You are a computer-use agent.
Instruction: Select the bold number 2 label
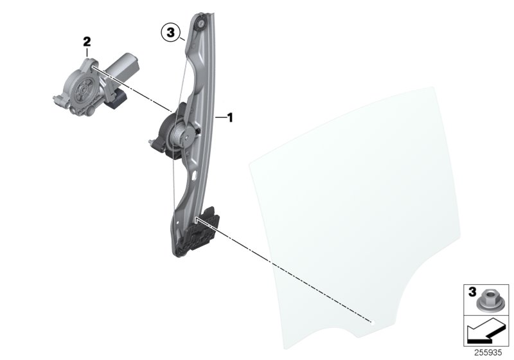click(87, 41)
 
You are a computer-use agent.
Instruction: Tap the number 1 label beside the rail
click(229, 118)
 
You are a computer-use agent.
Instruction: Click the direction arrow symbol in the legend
click(485, 334)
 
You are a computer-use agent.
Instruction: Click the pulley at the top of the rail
click(201, 23)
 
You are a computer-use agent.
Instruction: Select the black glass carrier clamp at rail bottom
click(202, 231)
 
